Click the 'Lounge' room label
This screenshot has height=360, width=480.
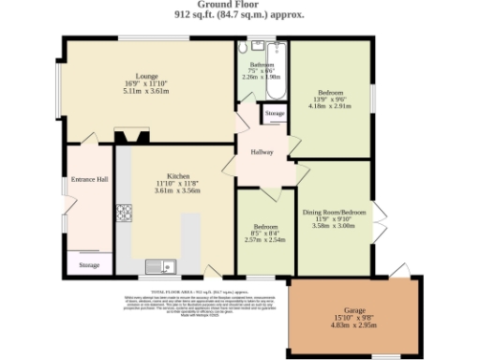click(x=146, y=76)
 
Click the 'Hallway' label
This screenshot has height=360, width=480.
click(x=262, y=152)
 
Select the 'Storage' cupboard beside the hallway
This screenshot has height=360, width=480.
click(x=274, y=113)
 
